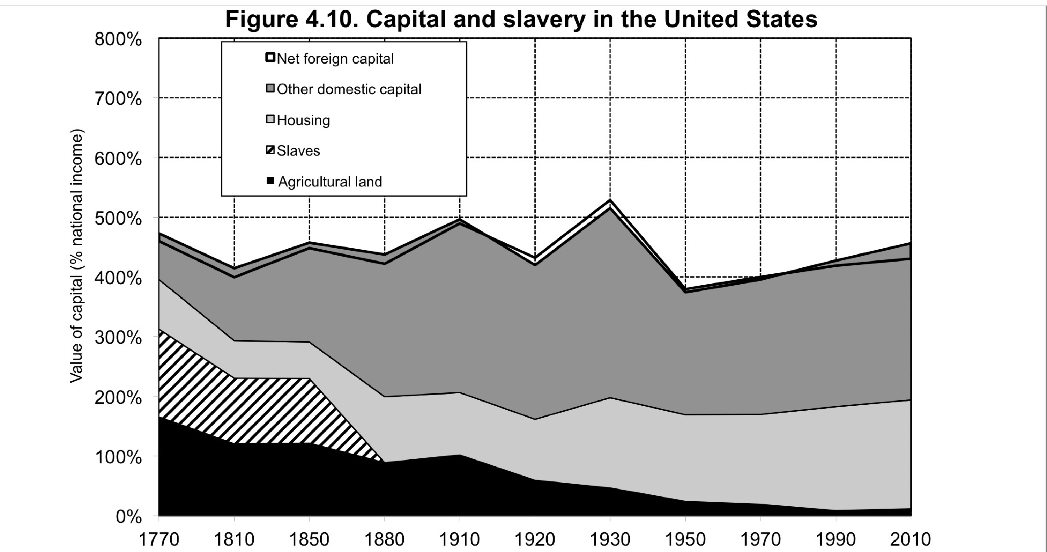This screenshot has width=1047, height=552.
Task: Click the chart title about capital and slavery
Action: point(521,19)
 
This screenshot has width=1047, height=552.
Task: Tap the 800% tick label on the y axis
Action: point(118,40)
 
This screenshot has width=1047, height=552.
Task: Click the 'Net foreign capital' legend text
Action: point(335,59)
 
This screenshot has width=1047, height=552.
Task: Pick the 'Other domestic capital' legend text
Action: point(349,89)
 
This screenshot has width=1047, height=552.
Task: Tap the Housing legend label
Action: point(303,120)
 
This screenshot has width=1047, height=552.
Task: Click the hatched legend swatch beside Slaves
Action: point(270,150)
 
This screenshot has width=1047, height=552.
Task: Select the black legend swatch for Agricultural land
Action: point(270,181)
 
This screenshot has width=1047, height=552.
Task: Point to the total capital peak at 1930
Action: point(610,200)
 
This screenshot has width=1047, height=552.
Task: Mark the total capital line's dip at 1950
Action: point(686,289)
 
